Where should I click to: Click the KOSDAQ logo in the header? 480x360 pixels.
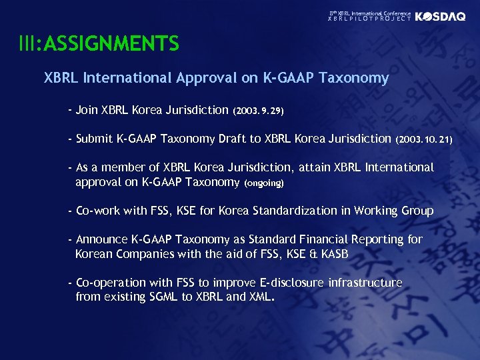click(440, 17)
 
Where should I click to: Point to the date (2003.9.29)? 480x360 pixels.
click(259, 110)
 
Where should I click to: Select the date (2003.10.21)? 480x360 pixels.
click(424, 139)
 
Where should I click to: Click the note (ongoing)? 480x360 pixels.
click(265, 183)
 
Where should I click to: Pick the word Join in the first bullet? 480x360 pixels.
click(87, 109)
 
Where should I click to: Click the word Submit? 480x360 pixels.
click(94, 139)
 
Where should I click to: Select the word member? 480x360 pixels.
click(127, 167)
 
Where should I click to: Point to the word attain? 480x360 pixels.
click(317, 167)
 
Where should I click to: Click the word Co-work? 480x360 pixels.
click(98, 211)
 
